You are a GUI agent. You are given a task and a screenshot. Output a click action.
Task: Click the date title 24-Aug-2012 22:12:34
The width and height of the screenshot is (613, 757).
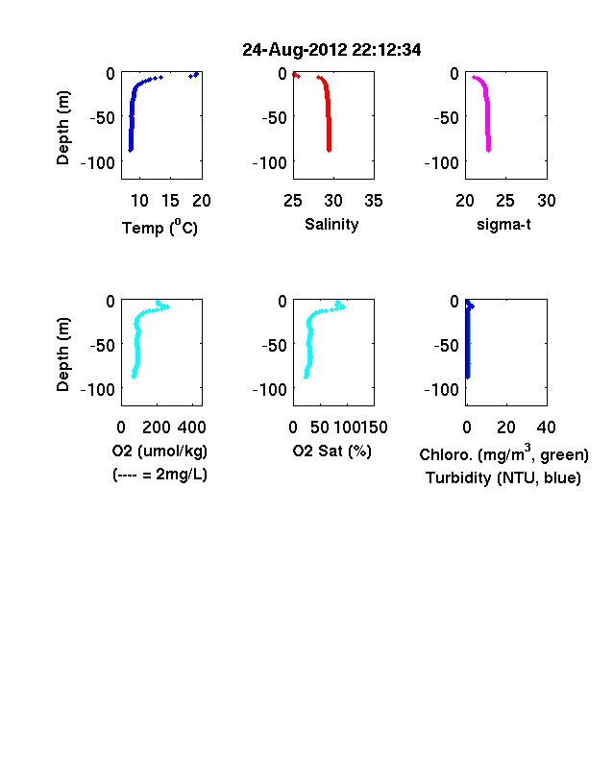(x=331, y=50)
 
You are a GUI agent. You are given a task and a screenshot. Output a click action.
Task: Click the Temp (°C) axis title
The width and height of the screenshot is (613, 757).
(x=159, y=227)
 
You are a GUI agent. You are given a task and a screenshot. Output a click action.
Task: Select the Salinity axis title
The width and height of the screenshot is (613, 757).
(x=331, y=224)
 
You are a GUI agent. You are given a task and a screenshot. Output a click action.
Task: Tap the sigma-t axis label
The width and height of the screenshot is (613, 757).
(x=503, y=225)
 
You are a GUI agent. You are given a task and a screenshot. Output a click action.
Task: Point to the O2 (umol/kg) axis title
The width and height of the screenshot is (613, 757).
(x=159, y=451)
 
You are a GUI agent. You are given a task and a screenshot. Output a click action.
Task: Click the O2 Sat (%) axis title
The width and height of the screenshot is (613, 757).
(x=332, y=451)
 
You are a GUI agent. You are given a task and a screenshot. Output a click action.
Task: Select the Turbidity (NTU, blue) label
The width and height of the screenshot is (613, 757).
(x=503, y=478)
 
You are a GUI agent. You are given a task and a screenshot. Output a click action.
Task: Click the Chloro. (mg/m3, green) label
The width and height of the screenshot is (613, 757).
(x=503, y=453)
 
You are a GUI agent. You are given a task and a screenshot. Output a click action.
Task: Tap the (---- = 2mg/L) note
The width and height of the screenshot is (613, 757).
(x=159, y=475)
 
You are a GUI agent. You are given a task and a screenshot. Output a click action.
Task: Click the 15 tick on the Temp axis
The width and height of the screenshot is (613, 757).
(x=170, y=201)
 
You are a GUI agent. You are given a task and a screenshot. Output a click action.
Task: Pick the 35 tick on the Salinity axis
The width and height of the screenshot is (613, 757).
(x=374, y=201)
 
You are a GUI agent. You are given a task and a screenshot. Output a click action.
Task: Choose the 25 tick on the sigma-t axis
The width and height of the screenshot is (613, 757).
(x=505, y=201)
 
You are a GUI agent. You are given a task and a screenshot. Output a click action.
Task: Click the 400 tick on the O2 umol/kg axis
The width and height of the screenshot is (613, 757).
(x=191, y=427)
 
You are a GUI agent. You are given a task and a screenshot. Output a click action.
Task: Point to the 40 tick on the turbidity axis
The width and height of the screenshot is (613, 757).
(x=546, y=427)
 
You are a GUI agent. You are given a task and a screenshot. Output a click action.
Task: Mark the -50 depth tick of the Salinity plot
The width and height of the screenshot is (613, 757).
(x=274, y=117)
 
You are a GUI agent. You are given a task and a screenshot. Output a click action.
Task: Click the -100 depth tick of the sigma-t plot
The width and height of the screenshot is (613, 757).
(x=442, y=162)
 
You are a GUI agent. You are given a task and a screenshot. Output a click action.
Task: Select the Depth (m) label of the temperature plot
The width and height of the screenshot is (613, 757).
(x=63, y=128)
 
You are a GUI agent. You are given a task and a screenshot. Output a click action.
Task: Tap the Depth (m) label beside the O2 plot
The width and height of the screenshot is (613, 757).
(x=63, y=354)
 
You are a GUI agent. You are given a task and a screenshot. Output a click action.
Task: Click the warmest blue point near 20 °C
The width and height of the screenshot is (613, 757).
(x=196, y=74)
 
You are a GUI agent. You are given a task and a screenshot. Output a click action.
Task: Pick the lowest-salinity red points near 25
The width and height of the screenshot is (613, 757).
(x=296, y=75)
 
